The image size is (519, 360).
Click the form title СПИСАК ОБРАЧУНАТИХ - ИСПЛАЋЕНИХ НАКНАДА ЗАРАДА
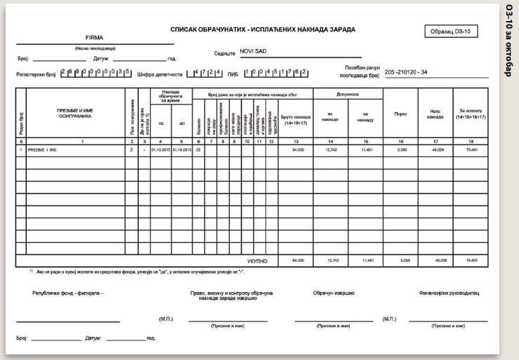(263, 30)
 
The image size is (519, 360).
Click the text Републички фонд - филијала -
(67, 293)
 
